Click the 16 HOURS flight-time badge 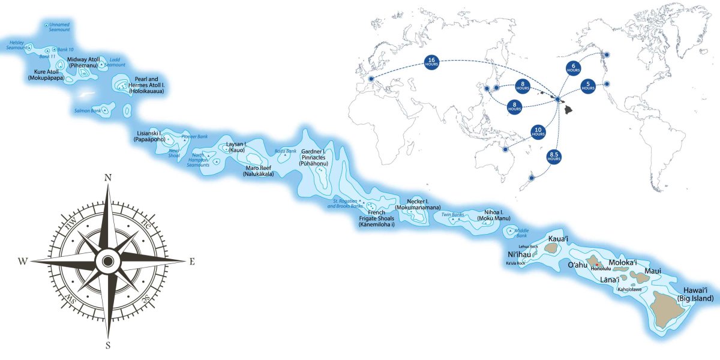coord(431,61)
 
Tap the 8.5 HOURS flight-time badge coord(554,158)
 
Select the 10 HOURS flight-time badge coord(538,132)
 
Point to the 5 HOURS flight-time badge coord(588,85)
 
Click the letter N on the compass coord(108,178)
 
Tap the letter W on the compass coord(23,261)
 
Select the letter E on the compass coord(192,261)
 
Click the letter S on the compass coord(108,345)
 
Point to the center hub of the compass coord(108,261)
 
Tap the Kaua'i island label coord(558,239)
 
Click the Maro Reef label coord(259,171)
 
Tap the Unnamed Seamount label coord(59,26)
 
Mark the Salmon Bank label coord(87,110)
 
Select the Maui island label coord(653,272)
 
